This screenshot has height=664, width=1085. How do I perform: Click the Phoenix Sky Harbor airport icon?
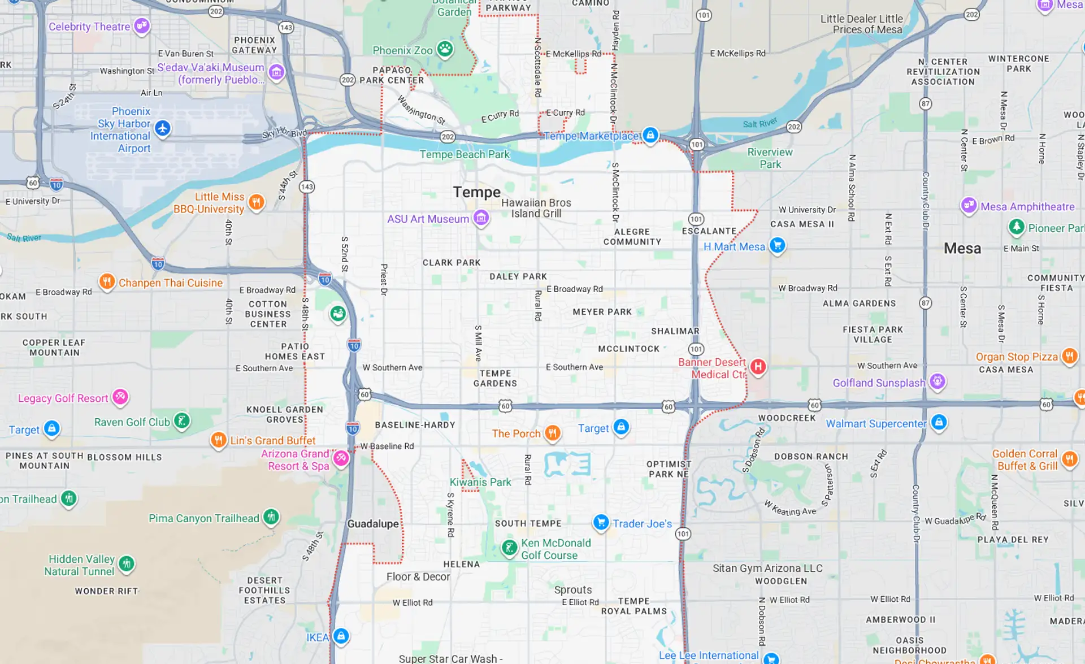click(163, 128)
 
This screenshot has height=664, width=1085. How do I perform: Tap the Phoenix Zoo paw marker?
click(445, 49)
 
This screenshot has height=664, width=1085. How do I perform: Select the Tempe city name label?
click(476, 192)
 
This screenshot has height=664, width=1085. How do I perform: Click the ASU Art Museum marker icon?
click(481, 218)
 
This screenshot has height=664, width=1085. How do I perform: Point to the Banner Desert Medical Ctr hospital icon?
click(758, 367)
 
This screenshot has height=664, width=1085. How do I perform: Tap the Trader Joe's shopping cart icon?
click(601, 522)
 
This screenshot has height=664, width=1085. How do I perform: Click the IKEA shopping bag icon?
click(341, 636)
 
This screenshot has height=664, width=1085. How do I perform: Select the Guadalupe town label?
click(373, 524)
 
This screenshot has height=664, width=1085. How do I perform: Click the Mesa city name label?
click(962, 248)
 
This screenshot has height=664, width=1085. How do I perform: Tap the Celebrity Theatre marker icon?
click(142, 25)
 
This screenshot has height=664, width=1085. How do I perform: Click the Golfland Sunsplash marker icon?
click(938, 381)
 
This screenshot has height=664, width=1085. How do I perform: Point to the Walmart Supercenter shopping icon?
click(939, 422)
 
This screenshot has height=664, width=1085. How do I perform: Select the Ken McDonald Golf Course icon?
click(510, 547)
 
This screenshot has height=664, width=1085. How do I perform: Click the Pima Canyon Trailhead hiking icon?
click(271, 517)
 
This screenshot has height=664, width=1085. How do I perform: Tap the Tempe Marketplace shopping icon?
click(650, 134)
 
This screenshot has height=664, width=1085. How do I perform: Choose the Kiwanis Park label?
click(480, 482)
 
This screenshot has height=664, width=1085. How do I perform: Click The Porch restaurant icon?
click(552, 433)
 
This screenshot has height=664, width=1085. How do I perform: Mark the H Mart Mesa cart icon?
click(778, 245)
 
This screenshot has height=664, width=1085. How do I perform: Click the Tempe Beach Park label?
click(464, 154)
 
